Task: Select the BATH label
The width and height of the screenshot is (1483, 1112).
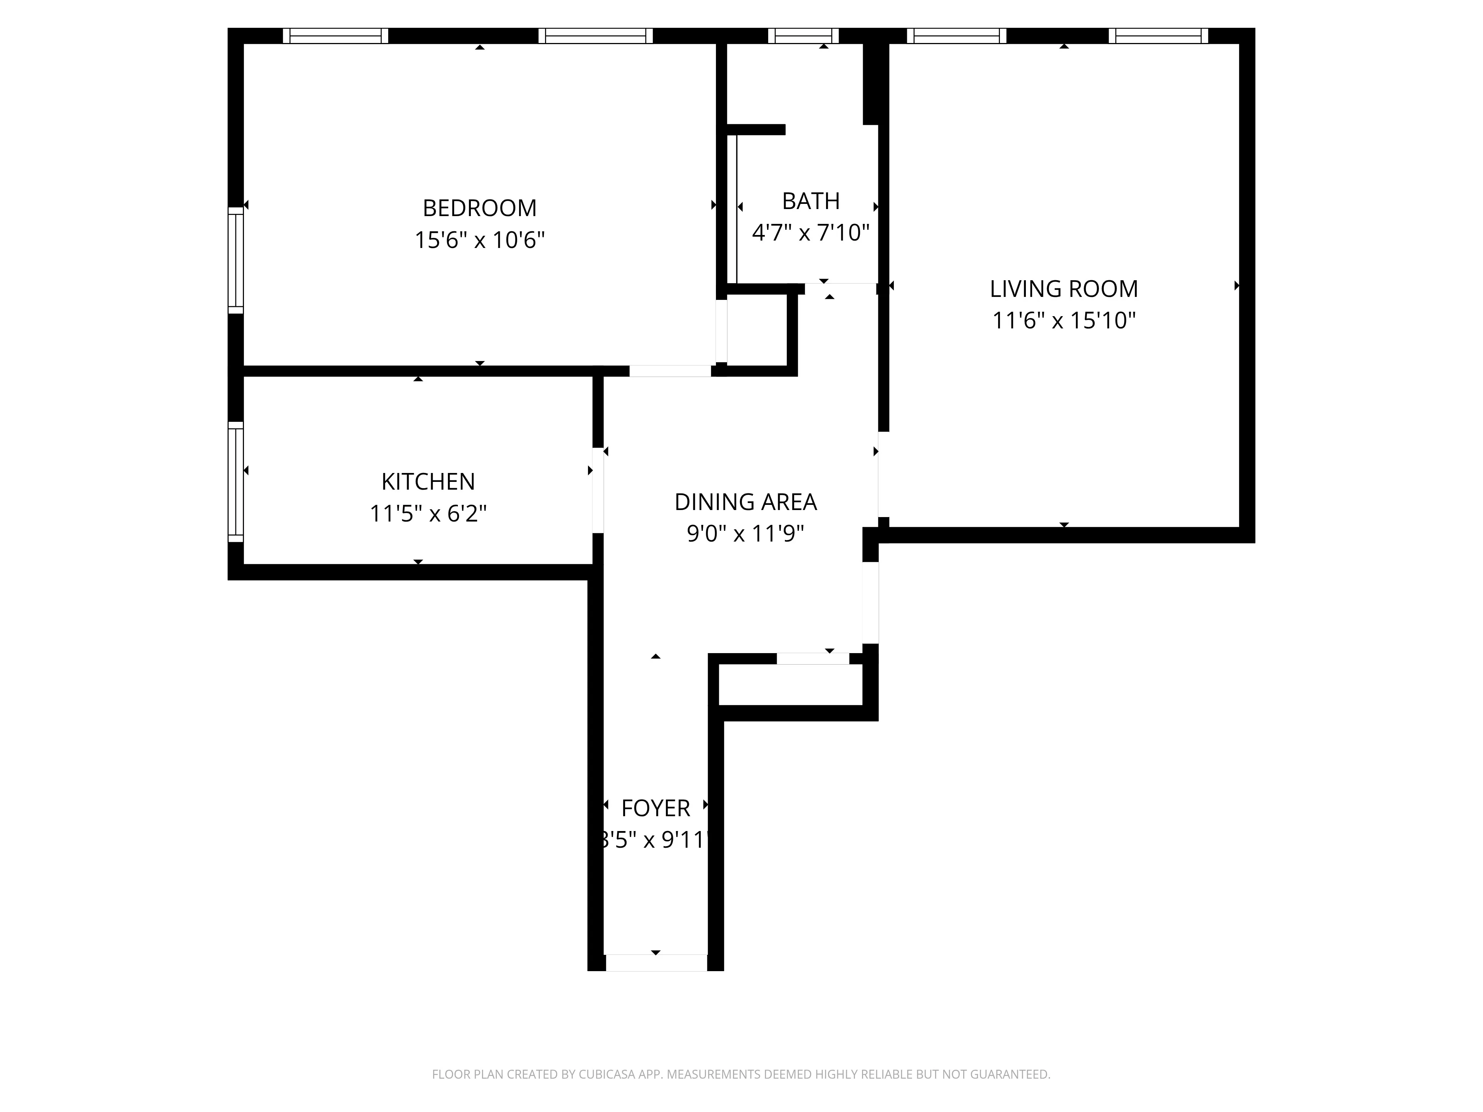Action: [810, 201]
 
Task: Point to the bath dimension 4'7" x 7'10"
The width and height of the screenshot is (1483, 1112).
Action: [810, 232]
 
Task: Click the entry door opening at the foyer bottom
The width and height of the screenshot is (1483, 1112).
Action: [656, 963]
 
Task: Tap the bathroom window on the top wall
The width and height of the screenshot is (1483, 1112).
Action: [803, 36]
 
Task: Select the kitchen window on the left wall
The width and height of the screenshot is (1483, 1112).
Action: [235, 481]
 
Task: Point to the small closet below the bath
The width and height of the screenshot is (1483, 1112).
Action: [757, 331]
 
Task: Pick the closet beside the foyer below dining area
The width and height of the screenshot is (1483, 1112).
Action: [790, 685]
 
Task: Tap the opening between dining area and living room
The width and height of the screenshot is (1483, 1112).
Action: [883, 474]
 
